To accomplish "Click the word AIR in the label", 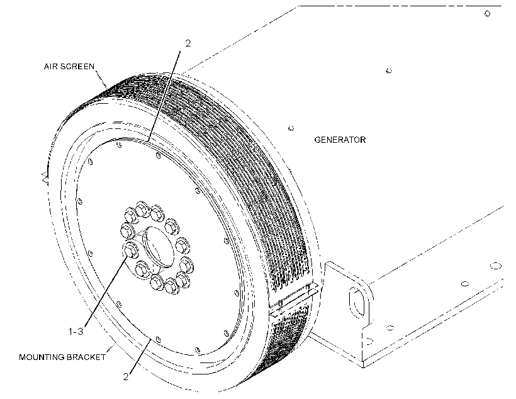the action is coord(50,67).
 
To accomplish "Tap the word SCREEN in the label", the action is coord(77,67).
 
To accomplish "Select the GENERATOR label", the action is coord(340,140).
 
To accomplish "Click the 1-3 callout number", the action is coord(76,332).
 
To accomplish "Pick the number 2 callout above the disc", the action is coord(188,43).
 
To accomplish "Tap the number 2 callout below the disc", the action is coord(126,377).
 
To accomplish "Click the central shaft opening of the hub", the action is coord(159,246).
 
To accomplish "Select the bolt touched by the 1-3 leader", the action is coord(130,250).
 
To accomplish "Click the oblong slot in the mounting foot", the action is coord(357,302).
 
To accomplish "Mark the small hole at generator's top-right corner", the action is coord(488,13).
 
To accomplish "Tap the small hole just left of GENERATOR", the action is coord(291,128).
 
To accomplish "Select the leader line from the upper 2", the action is coord(164,96).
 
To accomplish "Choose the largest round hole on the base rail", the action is coord(496,266).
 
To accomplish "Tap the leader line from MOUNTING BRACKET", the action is coord(111,348).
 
